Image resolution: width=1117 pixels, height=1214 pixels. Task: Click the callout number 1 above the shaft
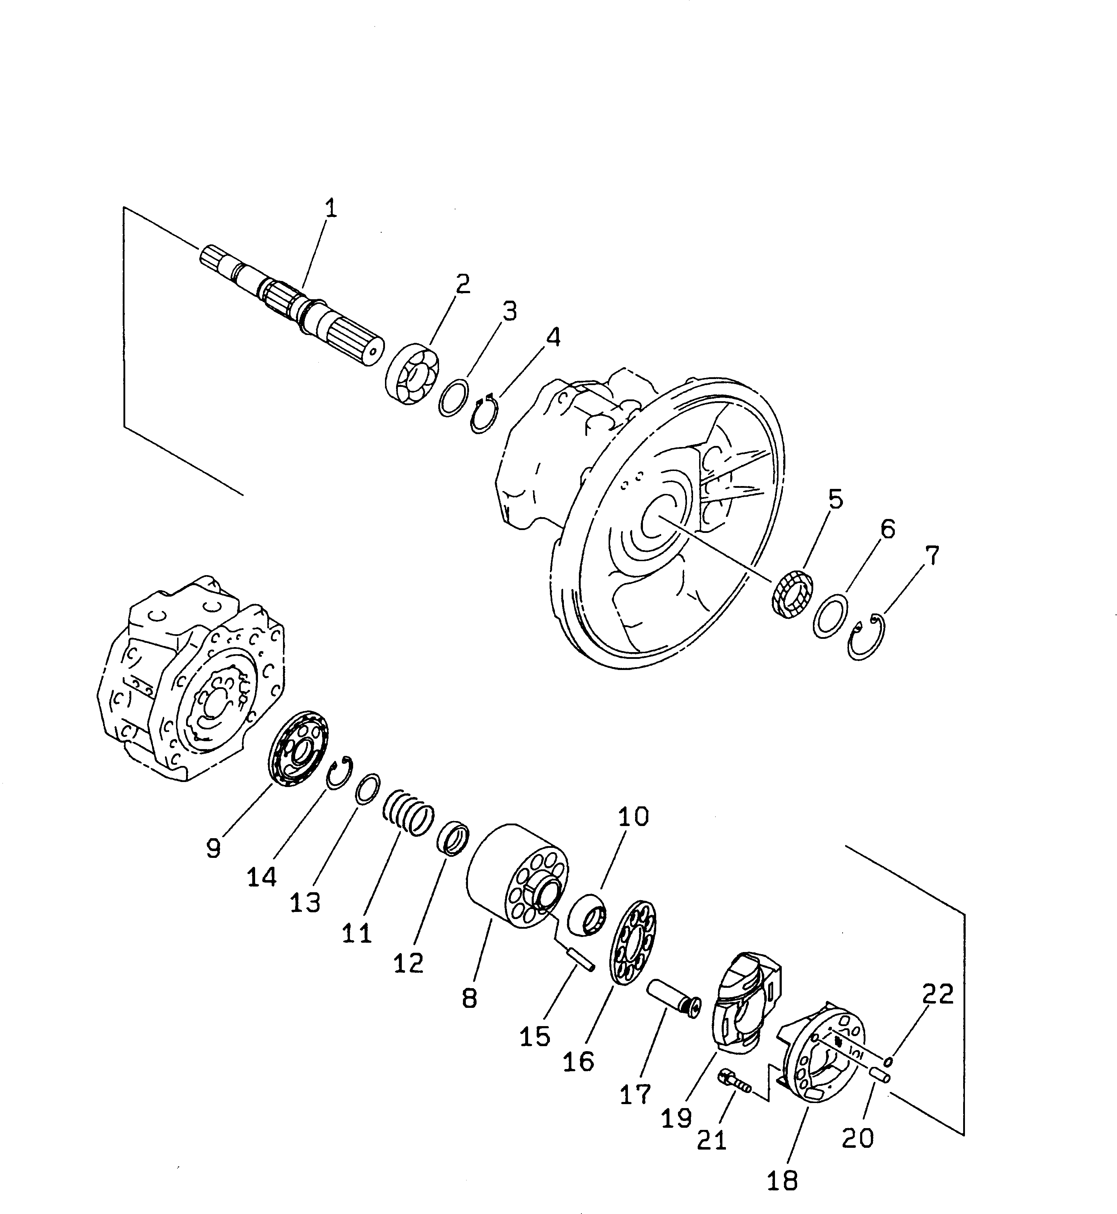330,209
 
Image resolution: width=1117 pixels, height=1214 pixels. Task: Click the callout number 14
262,876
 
